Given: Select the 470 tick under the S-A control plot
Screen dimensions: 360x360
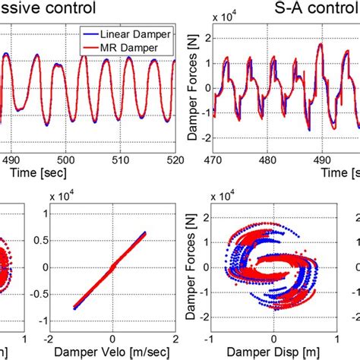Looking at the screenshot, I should (216, 160).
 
